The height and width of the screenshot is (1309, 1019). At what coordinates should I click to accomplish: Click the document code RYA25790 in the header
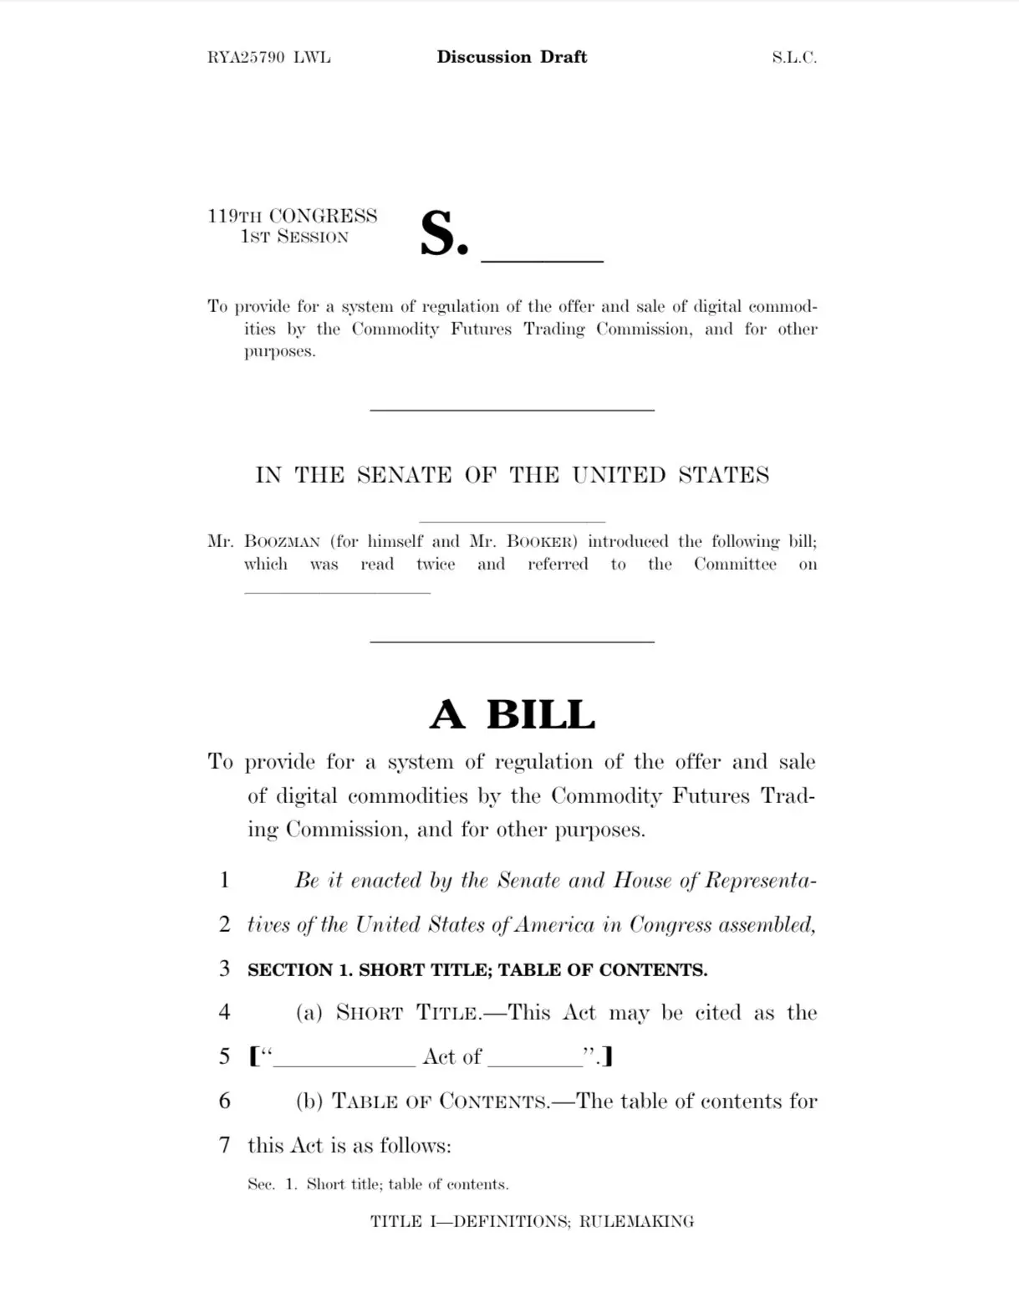pyautogui.click(x=246, y=58)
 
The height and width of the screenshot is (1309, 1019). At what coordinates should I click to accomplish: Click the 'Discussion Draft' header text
pyautogui.click(x=512, y=57)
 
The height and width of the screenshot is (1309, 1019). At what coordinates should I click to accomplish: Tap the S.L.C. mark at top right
pyautogui.click(x=793, y=58)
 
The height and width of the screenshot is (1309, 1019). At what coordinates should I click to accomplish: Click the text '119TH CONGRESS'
pyautogui.click(x=293, y=216)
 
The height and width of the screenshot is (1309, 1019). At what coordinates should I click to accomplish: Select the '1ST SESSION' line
pyautogui.click(x=294, y=237)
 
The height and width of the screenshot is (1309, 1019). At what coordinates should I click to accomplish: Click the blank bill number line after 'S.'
pyautogui.click(x=542, y=255)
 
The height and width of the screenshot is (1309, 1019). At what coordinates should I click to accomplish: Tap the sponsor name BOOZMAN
pyautogui.click(x=282, y=541)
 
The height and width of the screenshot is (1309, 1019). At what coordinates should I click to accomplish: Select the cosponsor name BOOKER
pyautogui.click(x=543, y=541)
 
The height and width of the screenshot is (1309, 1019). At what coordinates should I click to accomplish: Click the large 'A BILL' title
pyautogui.click(x=512, y=714)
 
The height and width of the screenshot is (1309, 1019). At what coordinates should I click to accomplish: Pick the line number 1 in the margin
pyautogui.click(x=224, y=880)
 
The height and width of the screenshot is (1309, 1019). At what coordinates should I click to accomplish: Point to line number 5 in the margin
pyautogui.click(x=224, y=1056)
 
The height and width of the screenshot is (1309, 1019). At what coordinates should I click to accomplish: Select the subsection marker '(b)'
pyautogui.click(x=309, y=1101)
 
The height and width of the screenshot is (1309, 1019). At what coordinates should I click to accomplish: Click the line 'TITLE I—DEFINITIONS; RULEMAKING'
pyautogui.click(x=532, y=1221)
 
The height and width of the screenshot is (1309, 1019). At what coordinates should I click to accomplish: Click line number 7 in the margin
pyautogui.click(x=224, y=1145)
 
